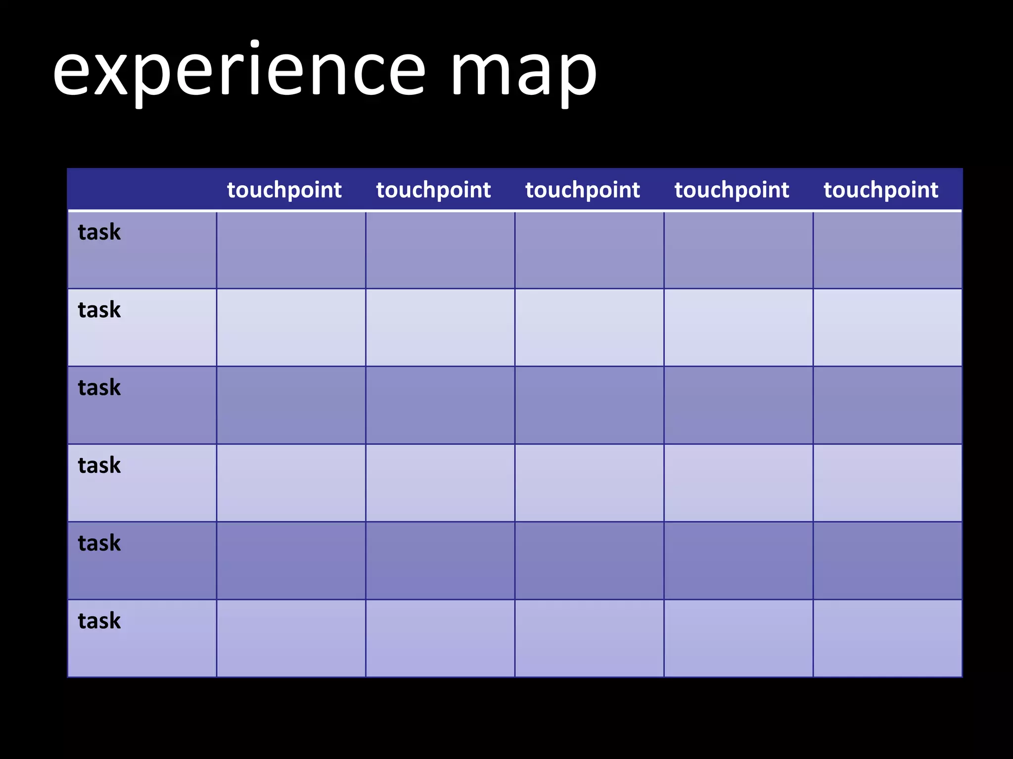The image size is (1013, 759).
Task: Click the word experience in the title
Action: pyautogui.click(x=239, y=72)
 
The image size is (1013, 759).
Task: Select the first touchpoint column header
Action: pyautogui.click(x=284, y=190)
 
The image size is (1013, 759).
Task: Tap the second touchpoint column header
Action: pyautogui.click(x=433, y=190)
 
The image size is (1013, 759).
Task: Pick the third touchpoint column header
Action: pyautogui.click(x=583, y=190)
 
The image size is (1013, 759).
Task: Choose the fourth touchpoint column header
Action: pyautogui.click(x=732, y=190)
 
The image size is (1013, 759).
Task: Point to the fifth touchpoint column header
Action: pyautogui.click(x=881, y=190)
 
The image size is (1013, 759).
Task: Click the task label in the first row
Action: pyautogui.click(x=99, y=232)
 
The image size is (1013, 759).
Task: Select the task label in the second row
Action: pyautogui.click(x=99, y=310)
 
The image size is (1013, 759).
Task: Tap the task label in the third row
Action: pyautogui.click(x=99, y=387)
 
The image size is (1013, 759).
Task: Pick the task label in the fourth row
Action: pyautogui.click(x=99, y=465)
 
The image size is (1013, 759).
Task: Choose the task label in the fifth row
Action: pyautogui.click(x=99, y=543)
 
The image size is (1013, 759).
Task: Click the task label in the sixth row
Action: pyautogui.click(x=99, y=621)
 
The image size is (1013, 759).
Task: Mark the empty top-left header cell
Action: pyautogui.click(x=142, y=190)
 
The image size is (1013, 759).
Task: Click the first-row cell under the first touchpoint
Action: pyautogui.click(x=291, y=250)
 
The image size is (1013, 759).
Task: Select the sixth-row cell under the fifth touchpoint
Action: pyautogui.click(x=887, y=638)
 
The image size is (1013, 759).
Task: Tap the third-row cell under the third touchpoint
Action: pyautogui.click(x=589, y=405)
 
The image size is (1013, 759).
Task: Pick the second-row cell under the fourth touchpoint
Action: pyautogui.click(x=738, y=328)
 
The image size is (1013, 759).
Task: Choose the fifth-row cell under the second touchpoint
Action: pyautogui.click(x=440, y=561)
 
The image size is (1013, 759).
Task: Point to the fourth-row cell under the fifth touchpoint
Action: pyautogui.click(x=887, y=483)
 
